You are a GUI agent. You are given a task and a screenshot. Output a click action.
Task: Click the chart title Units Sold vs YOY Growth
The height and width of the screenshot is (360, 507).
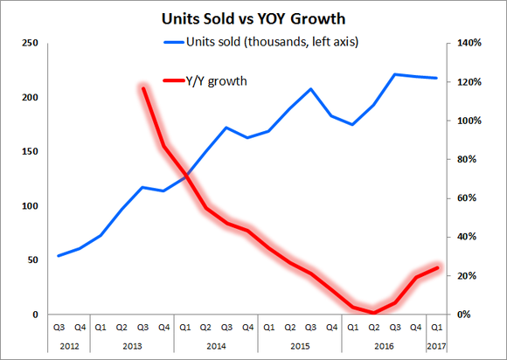pyautogui.click(x=253, y=17)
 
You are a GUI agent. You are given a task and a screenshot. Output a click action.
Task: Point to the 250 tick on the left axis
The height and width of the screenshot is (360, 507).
pyautogui.click(x=29, y=43)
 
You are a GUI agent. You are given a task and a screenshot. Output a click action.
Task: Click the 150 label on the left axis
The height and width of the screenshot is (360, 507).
pyautogui.click(x=29, y=151)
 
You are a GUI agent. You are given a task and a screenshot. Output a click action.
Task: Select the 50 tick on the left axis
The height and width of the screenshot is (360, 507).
pyautogui.click(x=31, y=260)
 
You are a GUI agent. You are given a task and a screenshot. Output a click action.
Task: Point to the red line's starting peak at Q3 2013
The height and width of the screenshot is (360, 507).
pyautogui.click(x=142, y=87)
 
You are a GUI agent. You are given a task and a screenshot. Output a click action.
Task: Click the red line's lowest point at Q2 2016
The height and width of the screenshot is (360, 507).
pyautogui.click(x=373, y=312)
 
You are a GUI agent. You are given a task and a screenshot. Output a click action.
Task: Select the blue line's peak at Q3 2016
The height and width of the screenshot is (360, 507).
pyautogui.click(x=395, y=74)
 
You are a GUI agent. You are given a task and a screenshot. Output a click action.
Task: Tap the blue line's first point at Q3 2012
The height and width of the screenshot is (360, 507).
pyautogui.click(x=59, y=256)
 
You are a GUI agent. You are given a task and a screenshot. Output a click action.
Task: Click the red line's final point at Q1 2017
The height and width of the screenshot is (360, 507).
pyautogui.click(x=436, y=267)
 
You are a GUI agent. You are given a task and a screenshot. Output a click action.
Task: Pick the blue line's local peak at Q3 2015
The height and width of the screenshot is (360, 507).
pyautogui.click(x=310, y=89)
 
